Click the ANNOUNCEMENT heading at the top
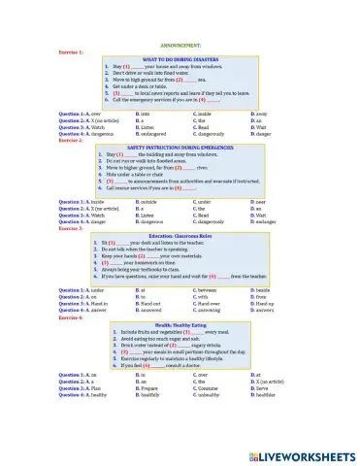(180, 45)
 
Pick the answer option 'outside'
(149, 201)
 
